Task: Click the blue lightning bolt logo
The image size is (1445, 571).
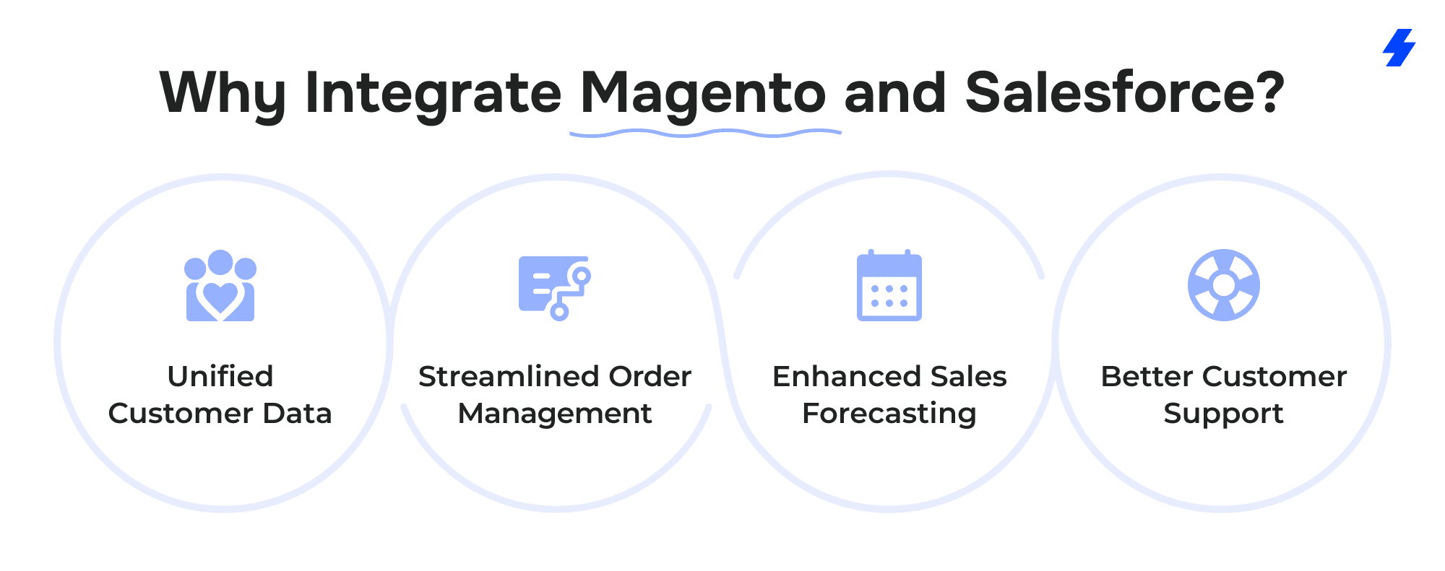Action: pyautogui.click(x=1399, y=48)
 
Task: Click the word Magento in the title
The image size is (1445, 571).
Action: pyautogui.click(x=703, y=94)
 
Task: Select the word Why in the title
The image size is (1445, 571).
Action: pyautogui.click(x=223, y=95)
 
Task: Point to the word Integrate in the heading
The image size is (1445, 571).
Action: pyautogui.click(x=433, y=94)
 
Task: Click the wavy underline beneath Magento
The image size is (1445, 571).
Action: pyautogui.click(x=705, y=133)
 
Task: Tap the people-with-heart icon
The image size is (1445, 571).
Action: pyautogui.click(x=220, y=286)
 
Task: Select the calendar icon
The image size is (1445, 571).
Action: pyautogui.click(x=889, y=285)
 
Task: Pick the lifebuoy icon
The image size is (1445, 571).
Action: pyautogui.click(x=1224, y=285)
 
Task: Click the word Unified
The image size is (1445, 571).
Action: pyautogui.click(x=220, y=376)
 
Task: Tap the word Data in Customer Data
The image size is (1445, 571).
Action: pyautogui.click(x=297, y=413)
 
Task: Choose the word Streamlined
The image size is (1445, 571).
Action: pyautogui.click(x=509, y=376)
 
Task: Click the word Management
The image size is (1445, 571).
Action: pyautogui.click(x=555, y=414)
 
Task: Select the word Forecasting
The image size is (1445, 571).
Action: pyautogui.click(x=889, y=414)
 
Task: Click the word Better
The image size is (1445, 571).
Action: pyautogui.click(x=1147, y=376)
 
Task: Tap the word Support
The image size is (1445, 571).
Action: pyautogui.click(x=1224, y=414)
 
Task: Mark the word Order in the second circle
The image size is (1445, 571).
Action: pyautogui.click(x=650, y=376)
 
